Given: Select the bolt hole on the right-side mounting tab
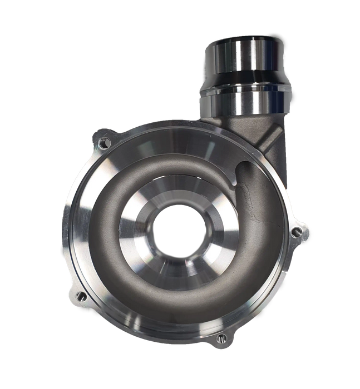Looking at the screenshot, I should [x=299, y=230].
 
